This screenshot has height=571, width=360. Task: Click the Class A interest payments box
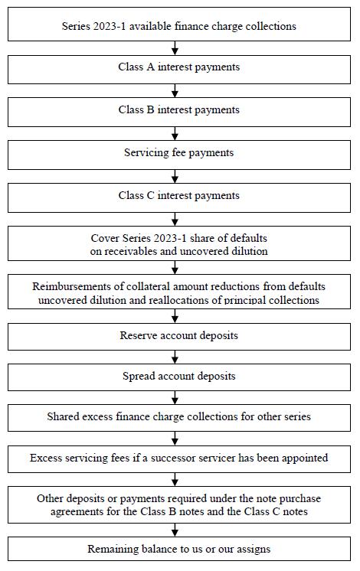pos(179,70)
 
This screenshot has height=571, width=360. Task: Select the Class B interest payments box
pos(179,113)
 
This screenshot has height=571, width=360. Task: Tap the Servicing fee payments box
pos(179,155)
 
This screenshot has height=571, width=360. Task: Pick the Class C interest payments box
pos(179,197)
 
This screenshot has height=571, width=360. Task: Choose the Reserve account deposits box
pos(179,337)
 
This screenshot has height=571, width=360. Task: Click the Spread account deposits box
pos(179,377)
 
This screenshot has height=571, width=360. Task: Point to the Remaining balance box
pos(179,549)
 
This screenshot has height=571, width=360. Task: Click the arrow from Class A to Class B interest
pos(175,90)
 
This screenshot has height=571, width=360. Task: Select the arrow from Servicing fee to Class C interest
pos(175,176)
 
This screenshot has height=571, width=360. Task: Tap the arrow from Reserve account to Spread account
pos(175,357)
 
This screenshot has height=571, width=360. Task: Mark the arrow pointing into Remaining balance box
pos(175,530)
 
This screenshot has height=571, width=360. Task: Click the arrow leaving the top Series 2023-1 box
pos(175,48)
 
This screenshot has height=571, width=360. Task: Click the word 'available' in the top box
pos(150,26)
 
